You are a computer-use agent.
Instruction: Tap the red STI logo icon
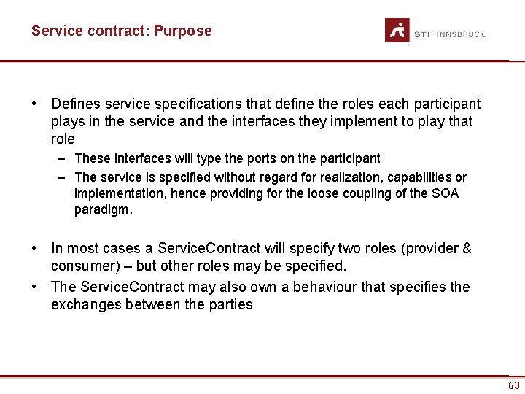[397, 30]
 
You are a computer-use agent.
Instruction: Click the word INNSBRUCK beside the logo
[461, 34]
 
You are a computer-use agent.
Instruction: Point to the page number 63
[514, 385]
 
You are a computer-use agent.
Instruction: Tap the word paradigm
[102, 210]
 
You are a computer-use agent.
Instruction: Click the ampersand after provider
[467, 249]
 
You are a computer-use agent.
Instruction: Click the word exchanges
[85, 304]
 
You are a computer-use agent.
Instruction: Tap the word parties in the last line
[230, 304]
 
